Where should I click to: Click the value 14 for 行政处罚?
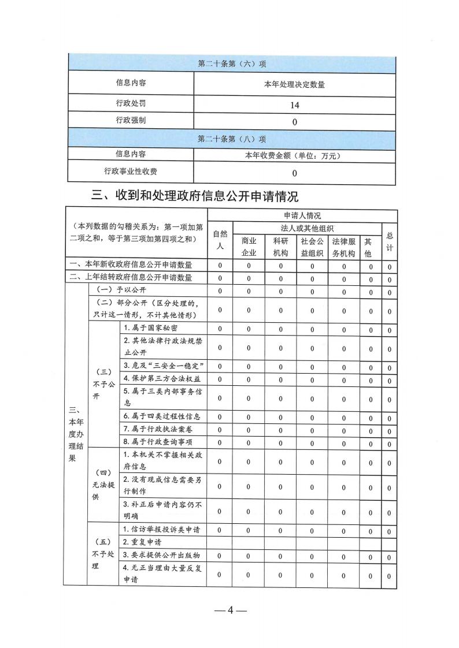click(294, 105)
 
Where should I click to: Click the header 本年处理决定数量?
click(294, 84)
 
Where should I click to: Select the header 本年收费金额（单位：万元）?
click(294, 155)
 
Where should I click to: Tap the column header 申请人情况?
click(301, 215)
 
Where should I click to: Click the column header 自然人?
click(220, 240)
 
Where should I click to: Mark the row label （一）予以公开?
click(118, 289)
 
